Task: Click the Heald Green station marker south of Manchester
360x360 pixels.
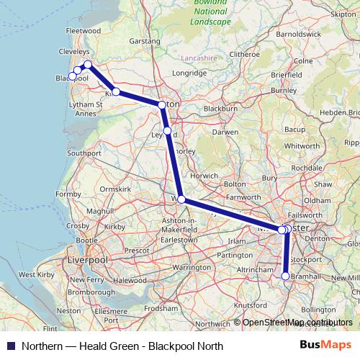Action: pos(286,276)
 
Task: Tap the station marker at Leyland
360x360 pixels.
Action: pos(167,131)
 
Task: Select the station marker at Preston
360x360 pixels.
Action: pos(161,105)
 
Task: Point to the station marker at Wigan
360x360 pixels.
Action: pos(181,199)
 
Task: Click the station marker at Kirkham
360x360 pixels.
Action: pos(116,92)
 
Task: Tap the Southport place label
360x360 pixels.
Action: pos(84,153)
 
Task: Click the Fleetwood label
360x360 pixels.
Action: pos(82,32)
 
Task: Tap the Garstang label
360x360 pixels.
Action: pos(145,42)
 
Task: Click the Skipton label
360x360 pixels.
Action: pos(343,14)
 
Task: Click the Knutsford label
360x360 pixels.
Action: pos(250,305)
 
